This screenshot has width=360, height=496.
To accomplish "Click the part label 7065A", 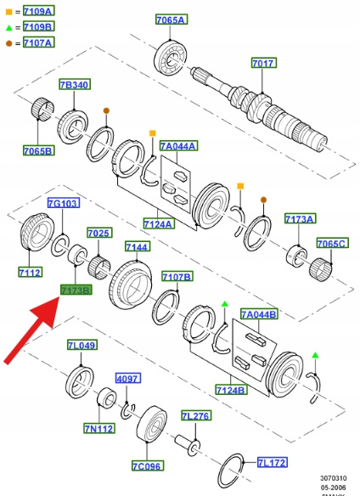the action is coord(172,20).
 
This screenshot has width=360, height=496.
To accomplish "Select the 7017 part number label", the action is coord(264,63).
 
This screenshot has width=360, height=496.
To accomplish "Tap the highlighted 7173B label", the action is coord(76,290).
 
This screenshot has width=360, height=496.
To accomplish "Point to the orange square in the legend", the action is coord(8,12).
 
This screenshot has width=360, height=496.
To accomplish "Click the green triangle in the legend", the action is coord(8,28).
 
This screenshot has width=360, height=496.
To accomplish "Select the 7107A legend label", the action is coord(38,42).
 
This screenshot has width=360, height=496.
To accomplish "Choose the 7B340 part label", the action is coord(75,84).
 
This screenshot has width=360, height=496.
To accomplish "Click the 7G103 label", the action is coord(64,203).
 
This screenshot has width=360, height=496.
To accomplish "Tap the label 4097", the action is coord(128,378).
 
